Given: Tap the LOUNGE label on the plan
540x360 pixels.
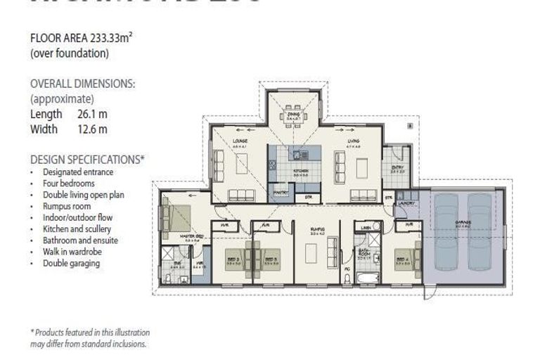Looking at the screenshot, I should coord(240,141).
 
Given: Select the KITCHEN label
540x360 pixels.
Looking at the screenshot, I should coord(300,169).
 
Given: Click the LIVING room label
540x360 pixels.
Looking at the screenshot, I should coord(353,141).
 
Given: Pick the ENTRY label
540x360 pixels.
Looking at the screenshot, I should coord(398,167).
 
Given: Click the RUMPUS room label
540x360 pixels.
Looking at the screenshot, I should coord(317,229).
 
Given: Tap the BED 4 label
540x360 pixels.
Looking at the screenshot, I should coord(402,259).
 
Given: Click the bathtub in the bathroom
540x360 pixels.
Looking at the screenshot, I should coord(368,279).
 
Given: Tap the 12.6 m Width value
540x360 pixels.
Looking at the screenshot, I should coord(92,129).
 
